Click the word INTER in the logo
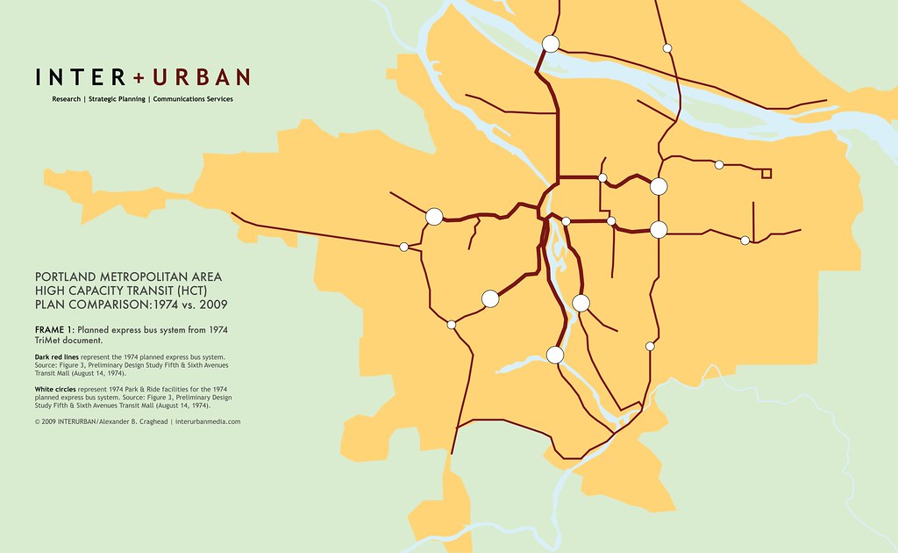(81, 77)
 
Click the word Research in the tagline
(66, 99)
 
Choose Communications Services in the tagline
(192, 99)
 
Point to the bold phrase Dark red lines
(58, 358)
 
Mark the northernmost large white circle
(551, 43)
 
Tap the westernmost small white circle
(403, 247)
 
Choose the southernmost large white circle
(554, 355)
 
